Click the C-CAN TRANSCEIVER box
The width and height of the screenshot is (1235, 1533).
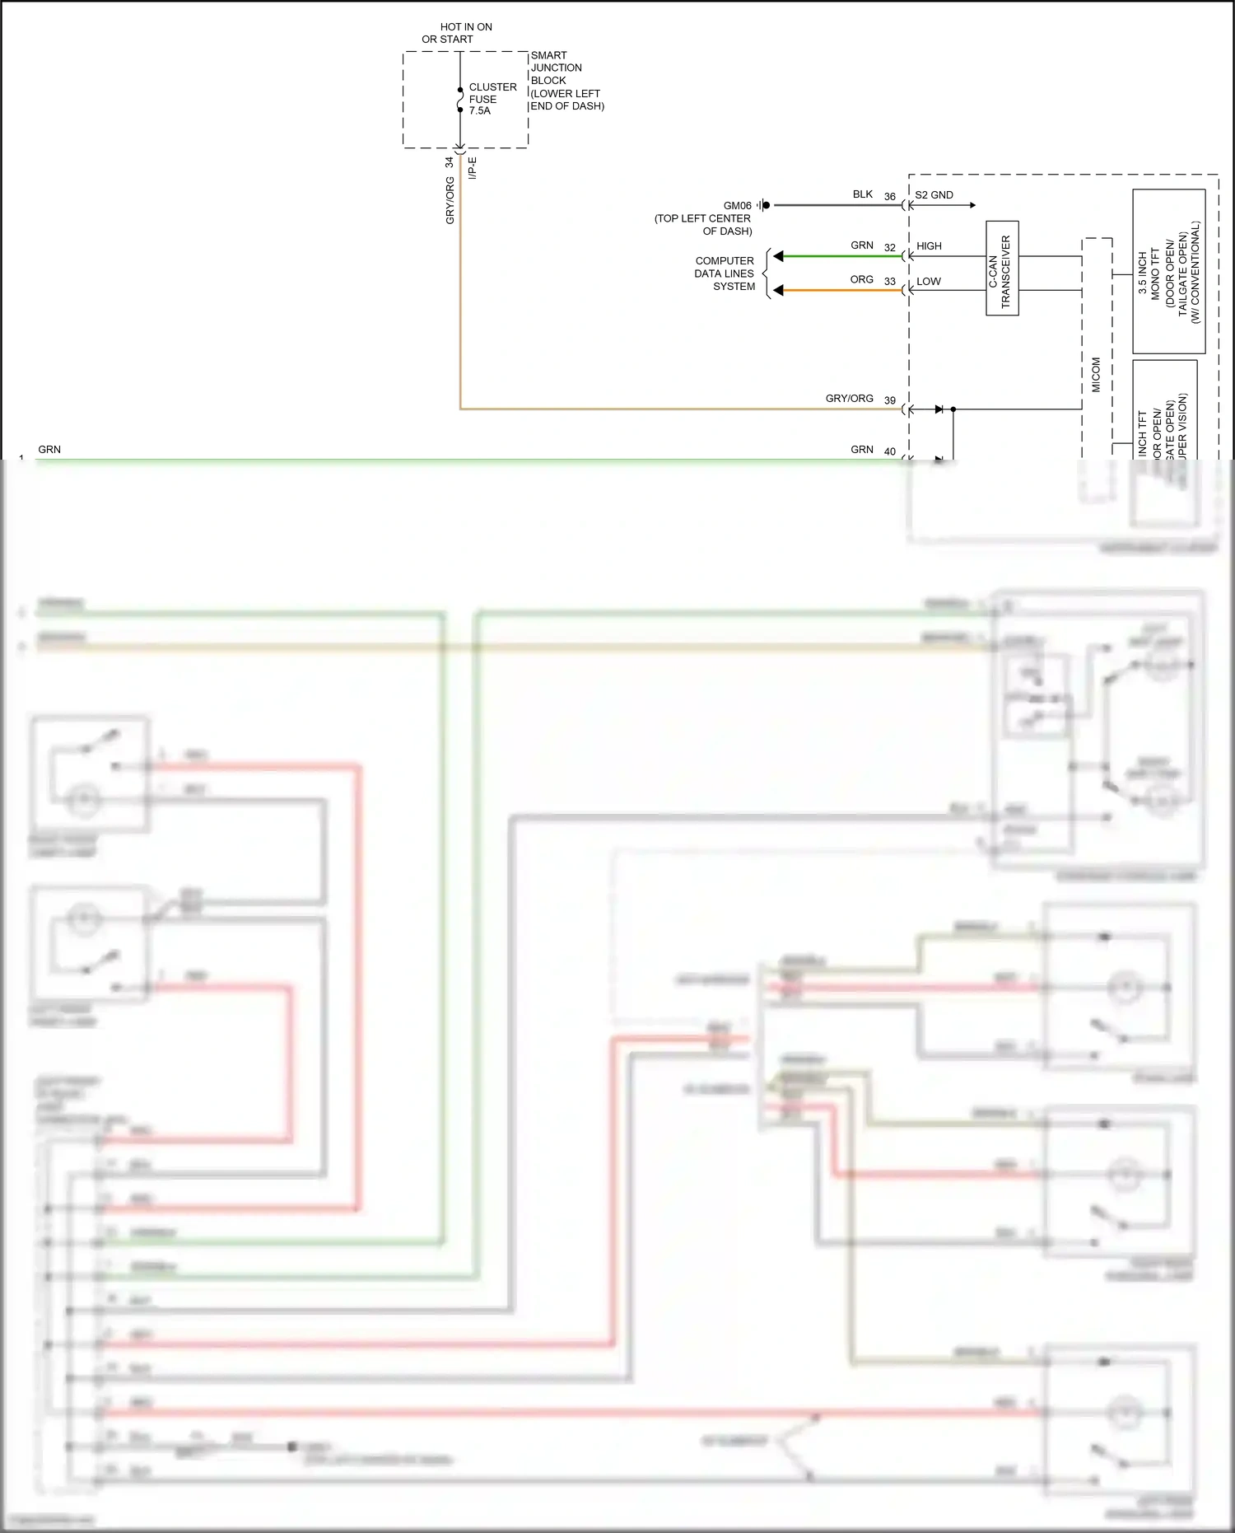(x=1002, y=269)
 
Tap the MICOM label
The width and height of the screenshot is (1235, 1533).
(x=1096, y=375)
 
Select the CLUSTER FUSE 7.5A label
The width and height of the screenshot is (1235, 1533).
(x=492, y=99)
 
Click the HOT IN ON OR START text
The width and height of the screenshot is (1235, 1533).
(x=458, y=33)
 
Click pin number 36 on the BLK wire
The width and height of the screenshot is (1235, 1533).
(x=889, y=197)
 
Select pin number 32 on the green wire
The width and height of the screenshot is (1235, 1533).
(x=889, y=248)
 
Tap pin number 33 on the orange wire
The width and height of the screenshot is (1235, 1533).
(x=889, y=282)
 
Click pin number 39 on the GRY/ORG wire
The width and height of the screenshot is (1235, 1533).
(x=889, y=401)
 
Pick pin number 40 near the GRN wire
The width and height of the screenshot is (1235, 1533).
(x=889, y=451)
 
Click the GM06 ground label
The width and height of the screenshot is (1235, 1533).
(x=737, y=206)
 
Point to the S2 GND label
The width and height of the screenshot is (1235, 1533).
(x=934, y=195)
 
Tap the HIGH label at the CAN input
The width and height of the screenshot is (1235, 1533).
(x=929, y=246)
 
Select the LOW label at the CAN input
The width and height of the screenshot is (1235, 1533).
(x=928, y=282)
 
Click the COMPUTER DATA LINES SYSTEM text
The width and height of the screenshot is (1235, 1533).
(x=725, y=273)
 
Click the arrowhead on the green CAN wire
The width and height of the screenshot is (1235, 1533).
(x=778, y=256)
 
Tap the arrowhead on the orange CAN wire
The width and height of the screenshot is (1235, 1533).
(x=778, y=290)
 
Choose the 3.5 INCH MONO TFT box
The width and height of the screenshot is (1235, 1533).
(x=1168, y=272)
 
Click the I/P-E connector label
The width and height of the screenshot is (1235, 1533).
(x=473, y=169)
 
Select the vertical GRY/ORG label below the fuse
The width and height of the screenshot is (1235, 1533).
(x=450, y=200)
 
